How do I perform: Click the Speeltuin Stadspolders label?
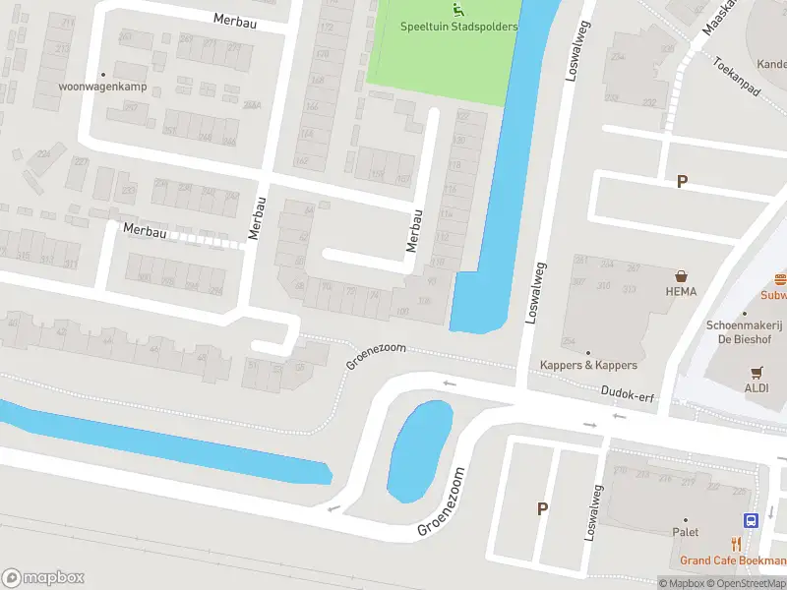coord(458,27)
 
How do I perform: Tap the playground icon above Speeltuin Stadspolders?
coord(457,10)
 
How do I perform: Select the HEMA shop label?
coord(680,291)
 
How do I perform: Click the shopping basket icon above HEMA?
coord(680,276)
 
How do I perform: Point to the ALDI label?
coord(757,387)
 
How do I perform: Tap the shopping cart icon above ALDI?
coord(757,372)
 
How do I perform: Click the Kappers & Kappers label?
coord(588,365)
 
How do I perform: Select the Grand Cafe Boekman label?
coord(733,560)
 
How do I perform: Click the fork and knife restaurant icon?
coord(735,544)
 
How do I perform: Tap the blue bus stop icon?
coord(751,520)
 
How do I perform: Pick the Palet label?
coord(685,532)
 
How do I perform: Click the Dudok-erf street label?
coord(627,390)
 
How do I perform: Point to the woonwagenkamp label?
coord(102,86)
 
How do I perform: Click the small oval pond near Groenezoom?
coord(420,450)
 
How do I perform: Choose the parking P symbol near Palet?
coord(541,508)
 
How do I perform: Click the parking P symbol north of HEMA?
coord(682,182)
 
